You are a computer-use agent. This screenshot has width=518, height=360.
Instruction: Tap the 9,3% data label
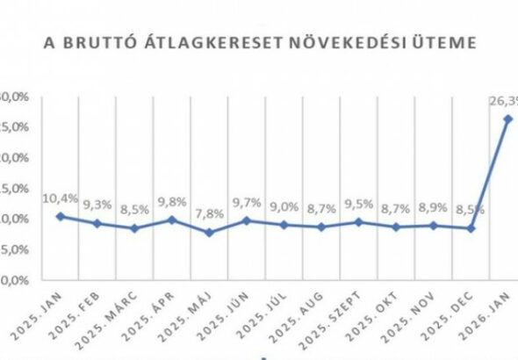(x=97, y=204)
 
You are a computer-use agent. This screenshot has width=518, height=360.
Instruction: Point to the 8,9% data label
(x=434, y=207)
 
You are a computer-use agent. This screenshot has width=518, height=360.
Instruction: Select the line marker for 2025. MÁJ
(x=209, y=233)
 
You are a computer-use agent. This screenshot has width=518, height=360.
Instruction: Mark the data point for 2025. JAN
(x=59, y=216)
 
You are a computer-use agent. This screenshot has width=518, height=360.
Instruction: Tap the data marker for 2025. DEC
(x=471, y=228)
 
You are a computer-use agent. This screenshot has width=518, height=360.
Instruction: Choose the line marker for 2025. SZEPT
(x=358, y=221)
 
